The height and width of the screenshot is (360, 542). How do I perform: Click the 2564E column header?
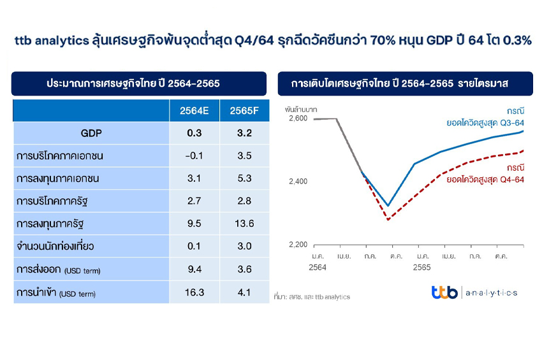click(x=194, y=112)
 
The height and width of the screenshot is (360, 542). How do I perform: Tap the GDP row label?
click(x=91, y=134)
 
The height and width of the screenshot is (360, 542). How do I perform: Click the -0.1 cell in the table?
click(x=194, y=156)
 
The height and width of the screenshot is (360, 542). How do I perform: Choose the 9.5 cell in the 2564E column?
click(x=194, y=224)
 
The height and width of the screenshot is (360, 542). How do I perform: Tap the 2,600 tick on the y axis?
click(x=298, y=119)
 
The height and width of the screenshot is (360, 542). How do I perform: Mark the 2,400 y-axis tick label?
click(x=298, y=182)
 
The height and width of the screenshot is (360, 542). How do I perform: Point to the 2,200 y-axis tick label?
click(x=298, y=245)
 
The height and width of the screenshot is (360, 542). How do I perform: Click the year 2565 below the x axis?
click(x=422, y=268)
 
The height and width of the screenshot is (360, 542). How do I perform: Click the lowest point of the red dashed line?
click(x=388, y=220)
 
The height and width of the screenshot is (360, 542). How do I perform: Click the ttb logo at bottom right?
click(x=444, y=292)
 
